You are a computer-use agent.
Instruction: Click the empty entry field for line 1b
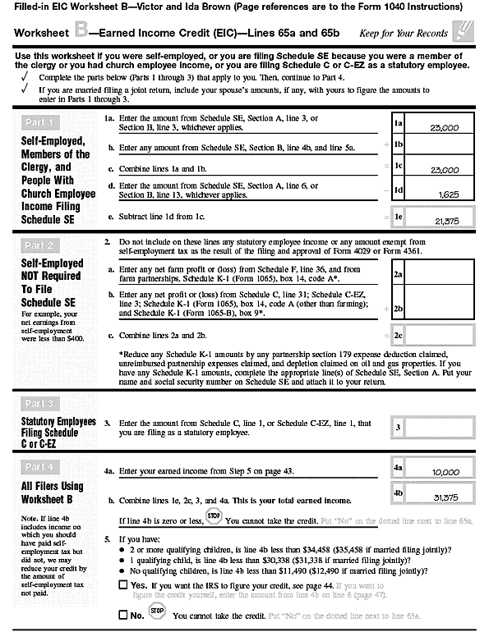coord(440,145)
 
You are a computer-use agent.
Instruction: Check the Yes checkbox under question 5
coord(122,584)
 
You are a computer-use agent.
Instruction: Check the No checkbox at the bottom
coord(122,614)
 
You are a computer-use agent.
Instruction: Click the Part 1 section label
coord(41,123)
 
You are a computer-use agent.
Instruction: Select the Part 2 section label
coord(41,245)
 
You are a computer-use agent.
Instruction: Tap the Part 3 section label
coord(41,403)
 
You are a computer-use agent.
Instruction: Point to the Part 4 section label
coord(41,466)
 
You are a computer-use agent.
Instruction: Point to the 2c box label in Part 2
coord(399,336)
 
